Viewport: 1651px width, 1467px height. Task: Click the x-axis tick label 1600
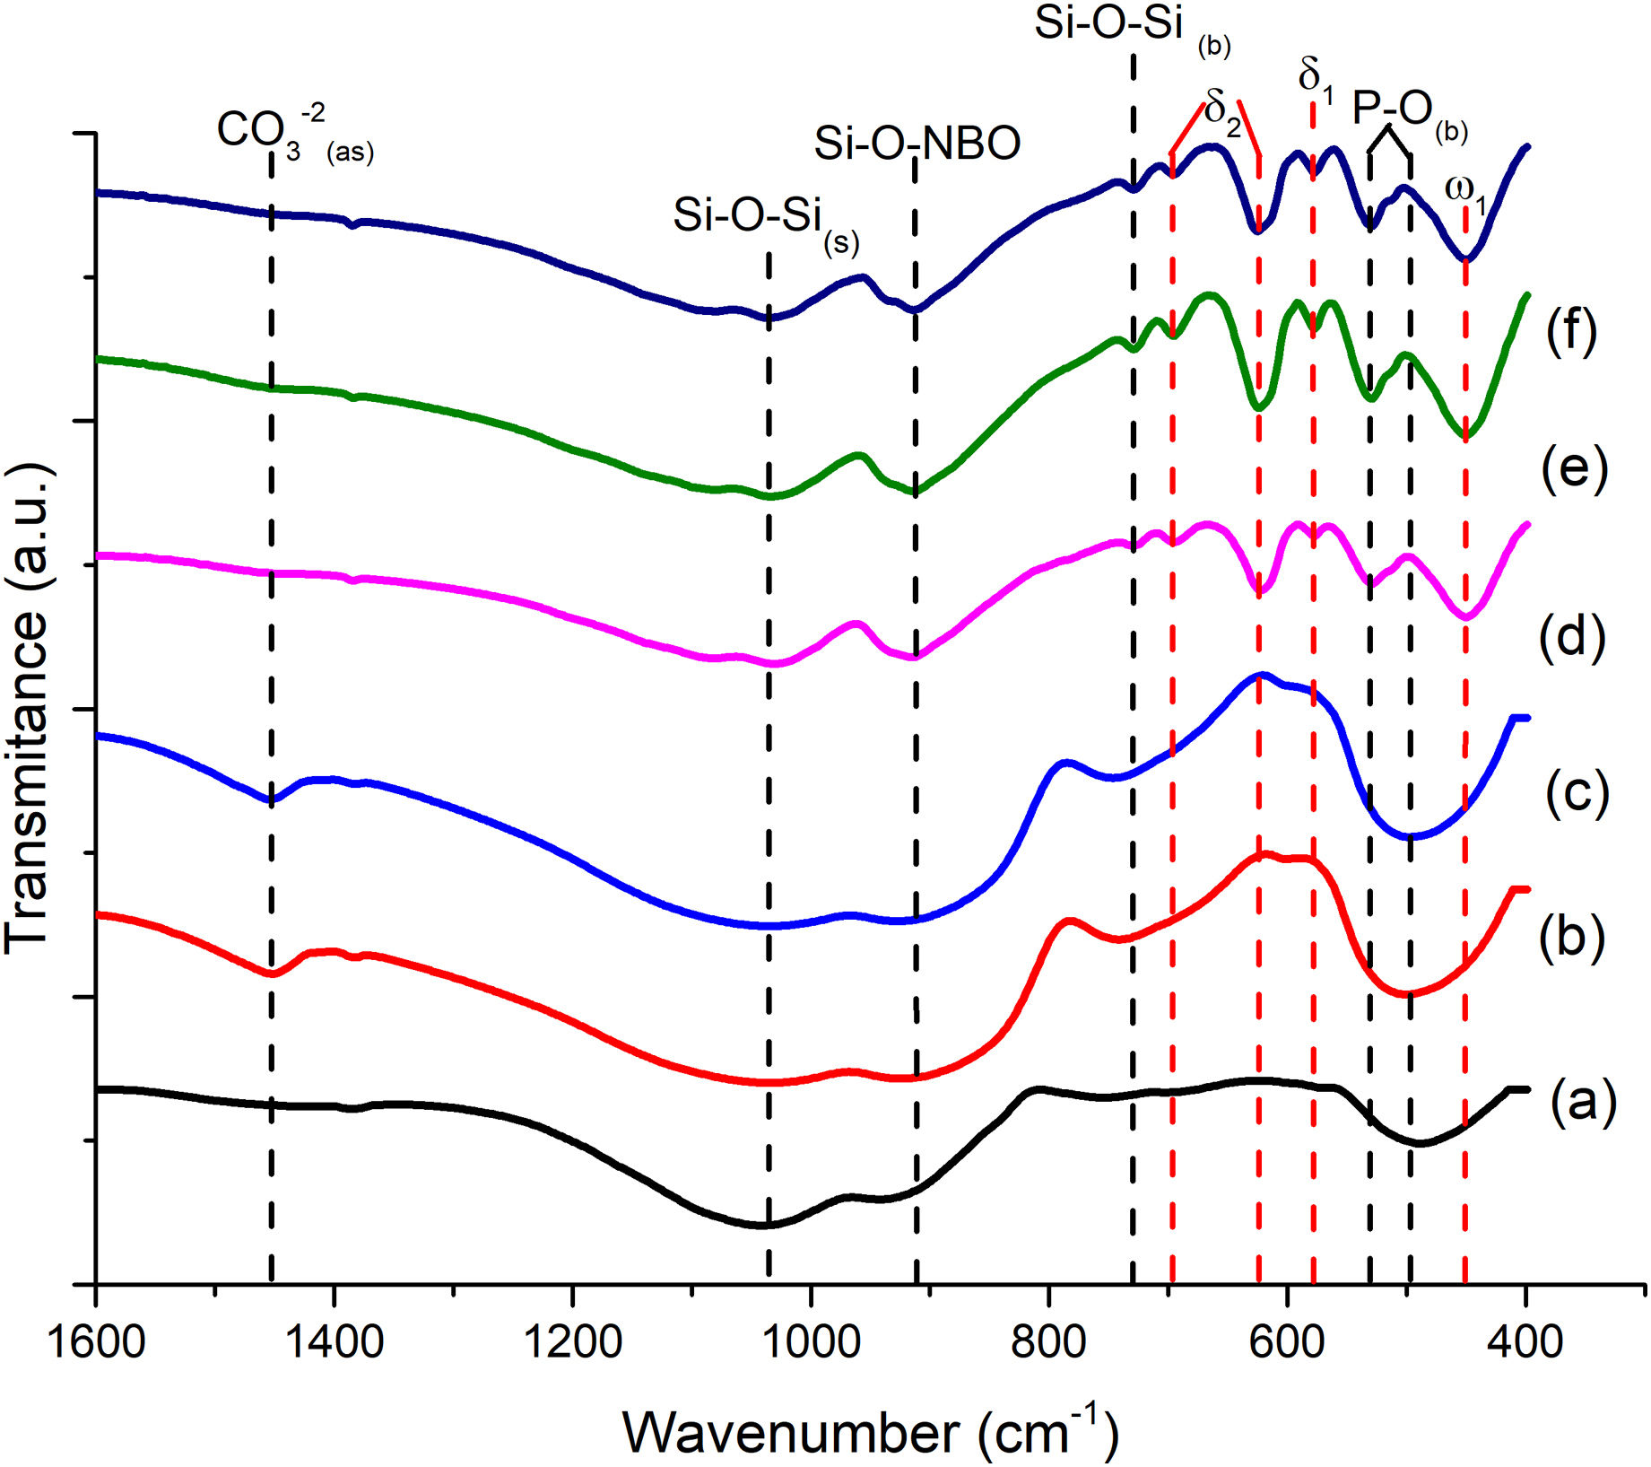pos(96,1343)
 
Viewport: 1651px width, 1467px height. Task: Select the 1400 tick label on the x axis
pos(334,1343)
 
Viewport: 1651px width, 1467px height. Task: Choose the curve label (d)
pos(1571,638)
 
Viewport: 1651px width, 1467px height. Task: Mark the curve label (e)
pos(1574,468)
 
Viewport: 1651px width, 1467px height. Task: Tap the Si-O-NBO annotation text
pos(917,144)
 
